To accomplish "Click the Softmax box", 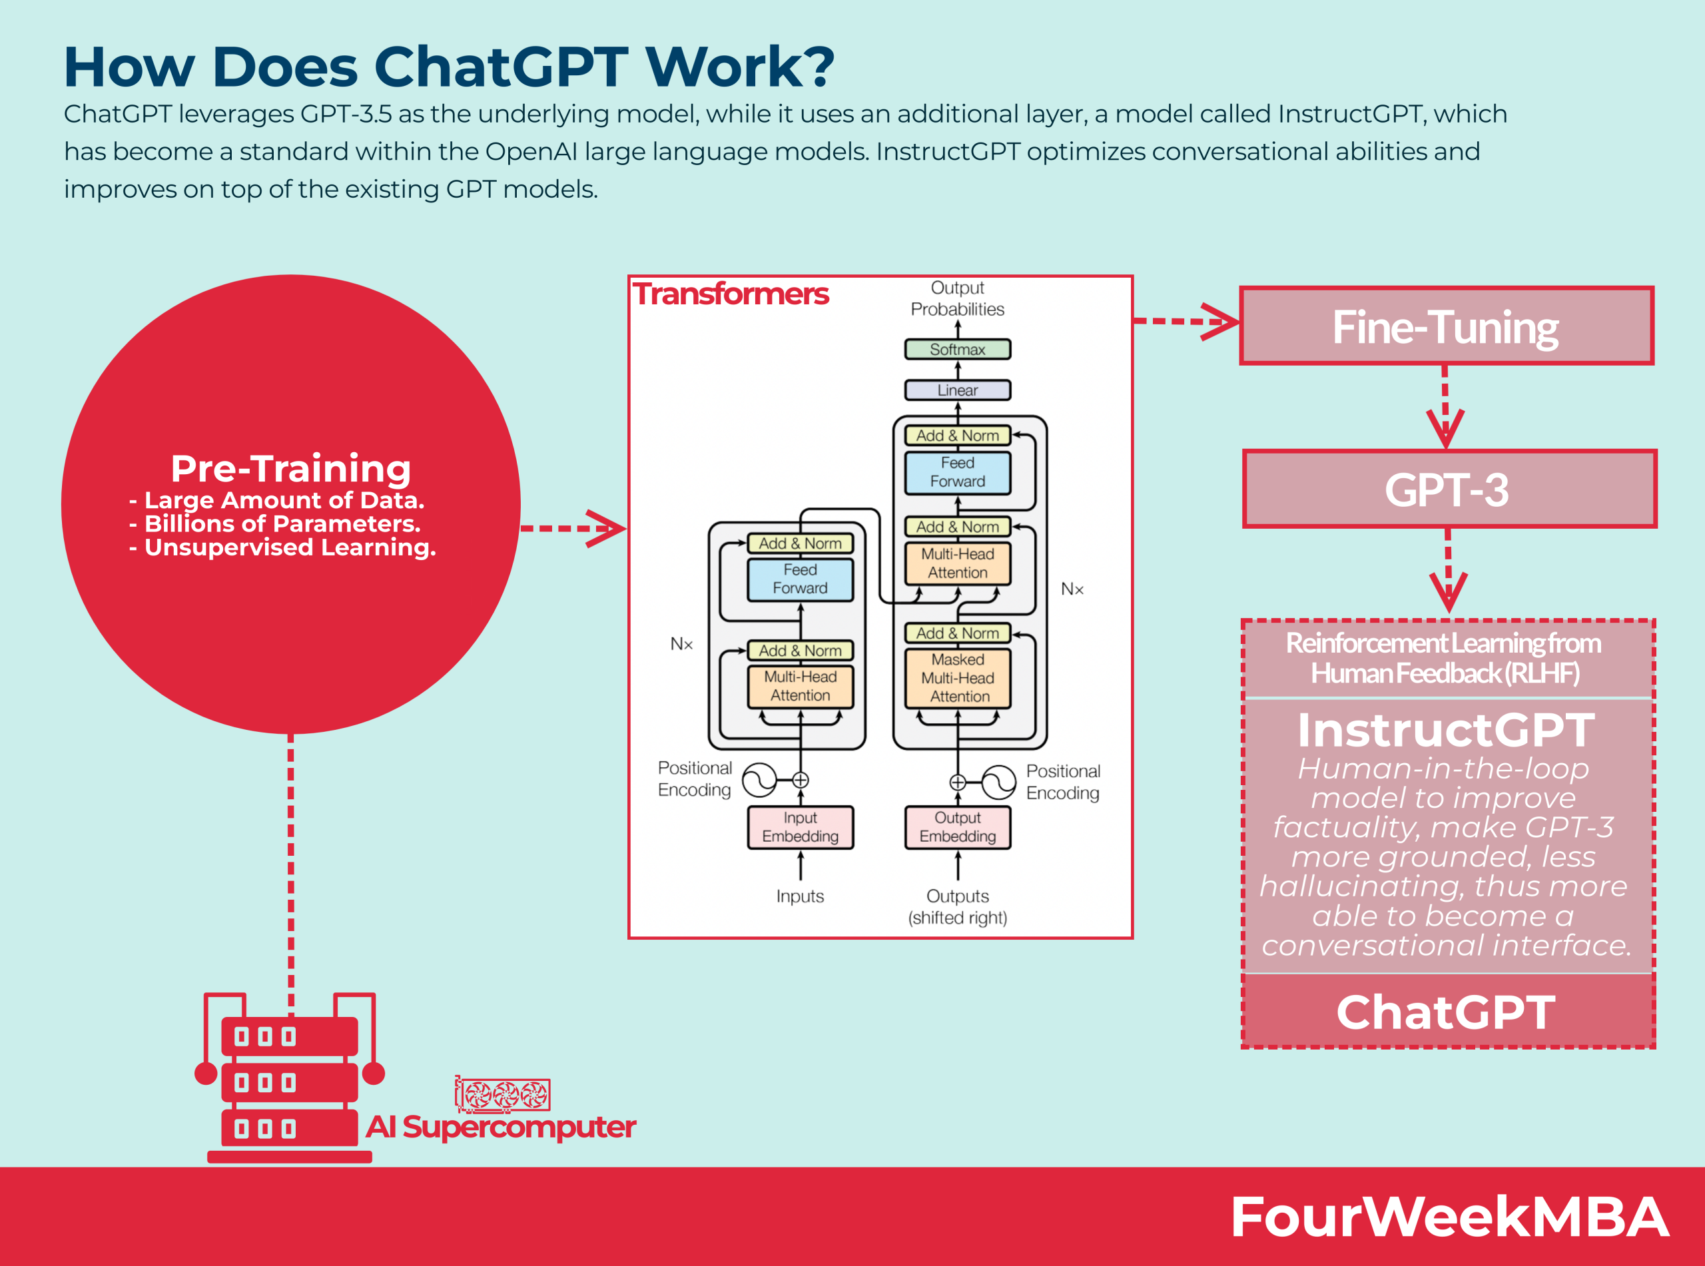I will click(957, 350).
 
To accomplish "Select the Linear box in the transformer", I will click(957, 390).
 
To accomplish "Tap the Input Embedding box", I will click(800, 827).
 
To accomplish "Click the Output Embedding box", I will click(957, 827).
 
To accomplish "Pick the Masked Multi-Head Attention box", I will click(957, 678).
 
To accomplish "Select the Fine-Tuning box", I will click(1446, 326).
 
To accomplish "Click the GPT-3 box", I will click(1449, 489).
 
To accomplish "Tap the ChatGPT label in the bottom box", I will click(1446, 1012).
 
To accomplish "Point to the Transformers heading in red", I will click(730, 294).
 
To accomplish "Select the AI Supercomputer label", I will click(500, 1127).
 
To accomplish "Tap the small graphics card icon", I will click(503, 1095).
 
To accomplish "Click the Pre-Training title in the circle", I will click(290, 468).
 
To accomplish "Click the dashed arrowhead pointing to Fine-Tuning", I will click(1221, 321).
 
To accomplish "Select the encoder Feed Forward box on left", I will click(800, 579).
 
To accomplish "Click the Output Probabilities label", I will click(957, 298).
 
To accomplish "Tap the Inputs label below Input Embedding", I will click(800, 896).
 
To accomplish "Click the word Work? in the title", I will click(739, 67).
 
